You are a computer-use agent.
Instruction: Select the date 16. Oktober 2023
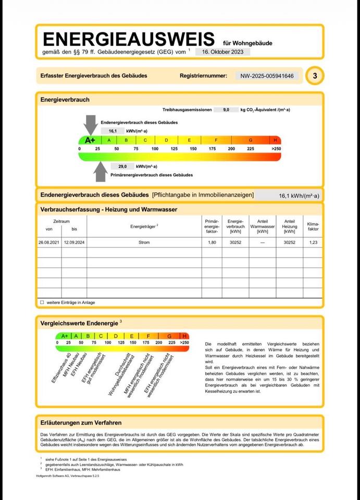[223, 52]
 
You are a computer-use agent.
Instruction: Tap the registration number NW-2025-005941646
[267, 76]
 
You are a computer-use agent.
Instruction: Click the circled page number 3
[315, 76]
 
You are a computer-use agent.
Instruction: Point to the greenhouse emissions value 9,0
[226, 110]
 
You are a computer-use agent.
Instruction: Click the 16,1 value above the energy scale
[106, 131]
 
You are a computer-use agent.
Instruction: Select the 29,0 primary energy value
[122, 166]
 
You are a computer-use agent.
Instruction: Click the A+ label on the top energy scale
[90, 140]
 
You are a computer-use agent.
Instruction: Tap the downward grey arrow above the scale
[90, 124]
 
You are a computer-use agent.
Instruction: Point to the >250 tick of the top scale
[276, 149]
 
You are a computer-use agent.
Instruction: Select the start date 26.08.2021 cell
[49, 243]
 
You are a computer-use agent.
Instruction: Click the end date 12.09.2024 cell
[75, 243]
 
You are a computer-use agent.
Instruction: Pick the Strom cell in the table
[144, 243]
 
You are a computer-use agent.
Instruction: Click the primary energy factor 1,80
[212, 243]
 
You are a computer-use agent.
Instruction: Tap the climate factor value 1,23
[313, 243]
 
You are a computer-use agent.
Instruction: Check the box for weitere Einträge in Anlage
[42, 302]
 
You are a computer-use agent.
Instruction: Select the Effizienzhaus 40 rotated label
[61, 368]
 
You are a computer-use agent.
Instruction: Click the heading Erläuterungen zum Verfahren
[81, 422]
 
